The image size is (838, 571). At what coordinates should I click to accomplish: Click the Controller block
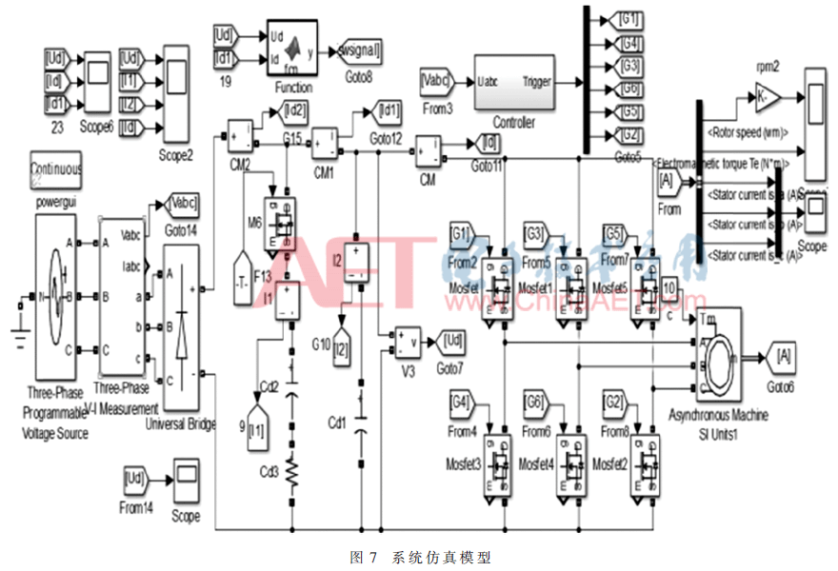pos(514,83)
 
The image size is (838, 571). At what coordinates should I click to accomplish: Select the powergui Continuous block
pos(55,169)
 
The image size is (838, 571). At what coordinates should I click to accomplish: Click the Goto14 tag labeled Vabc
pos(181,202)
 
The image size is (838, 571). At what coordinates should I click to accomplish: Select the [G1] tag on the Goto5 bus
pos(625,19)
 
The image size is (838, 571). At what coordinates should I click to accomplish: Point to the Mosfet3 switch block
pos(497,463)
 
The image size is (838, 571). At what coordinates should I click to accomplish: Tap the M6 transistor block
pos(281,223)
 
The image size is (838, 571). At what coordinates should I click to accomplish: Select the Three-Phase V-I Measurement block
pos(121,295)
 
